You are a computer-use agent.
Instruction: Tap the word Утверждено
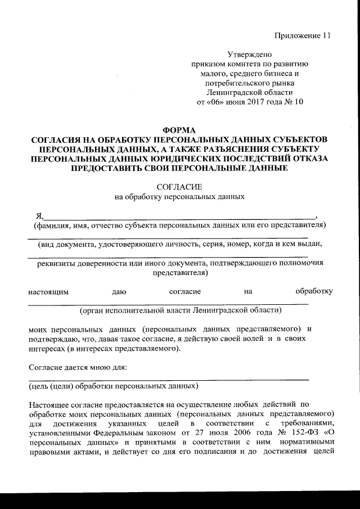[249, 55]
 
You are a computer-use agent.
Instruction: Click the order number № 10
[293, 102]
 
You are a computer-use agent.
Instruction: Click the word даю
[119, 291]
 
